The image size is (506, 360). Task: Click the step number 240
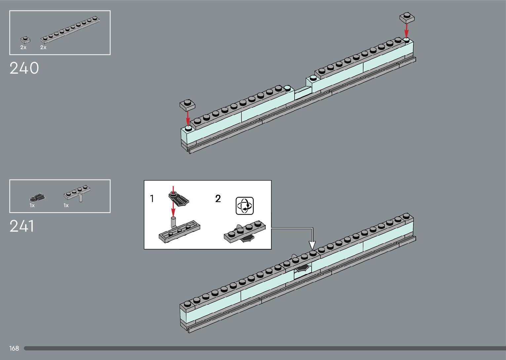[24, 68]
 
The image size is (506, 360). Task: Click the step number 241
[22, 226]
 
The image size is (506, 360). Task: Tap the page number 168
[14, 348]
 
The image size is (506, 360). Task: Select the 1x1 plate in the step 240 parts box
[24, 40]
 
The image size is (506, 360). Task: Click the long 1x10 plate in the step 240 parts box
[70, 30]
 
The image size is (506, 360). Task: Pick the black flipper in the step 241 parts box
[37, 198]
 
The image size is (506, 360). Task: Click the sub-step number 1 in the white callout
[152, 199]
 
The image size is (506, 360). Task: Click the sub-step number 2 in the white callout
[218, 199]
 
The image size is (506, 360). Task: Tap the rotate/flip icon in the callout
[245, 206]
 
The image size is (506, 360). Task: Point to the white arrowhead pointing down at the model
[312, 245]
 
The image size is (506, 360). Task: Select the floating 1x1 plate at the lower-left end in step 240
[187, 105]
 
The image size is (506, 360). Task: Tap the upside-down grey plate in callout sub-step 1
[179, 231]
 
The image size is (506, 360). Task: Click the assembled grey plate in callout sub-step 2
[245, 231]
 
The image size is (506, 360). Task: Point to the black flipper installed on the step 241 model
[302, 268]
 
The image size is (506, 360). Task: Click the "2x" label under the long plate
[43, 47]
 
